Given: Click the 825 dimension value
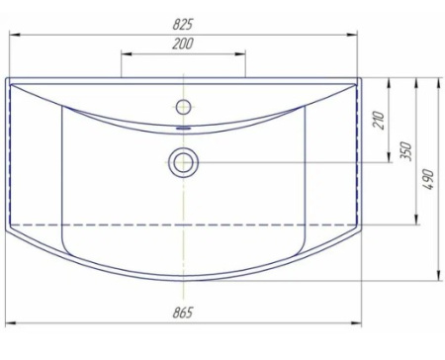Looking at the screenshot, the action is click(183, 24).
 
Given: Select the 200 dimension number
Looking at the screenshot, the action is click(183, 44).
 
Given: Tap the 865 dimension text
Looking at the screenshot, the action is click(183, 313).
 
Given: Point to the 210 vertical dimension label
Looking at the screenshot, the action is click(379, 121).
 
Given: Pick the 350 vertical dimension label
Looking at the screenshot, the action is click(405, 151).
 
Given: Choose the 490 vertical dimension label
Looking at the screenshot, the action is click(428, 179).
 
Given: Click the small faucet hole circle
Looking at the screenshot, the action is click(183, 107).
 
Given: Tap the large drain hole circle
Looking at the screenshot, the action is click(183, 162).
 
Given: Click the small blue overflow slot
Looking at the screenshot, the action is click(184, 129).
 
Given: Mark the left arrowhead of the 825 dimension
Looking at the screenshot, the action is click(15, 35).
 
